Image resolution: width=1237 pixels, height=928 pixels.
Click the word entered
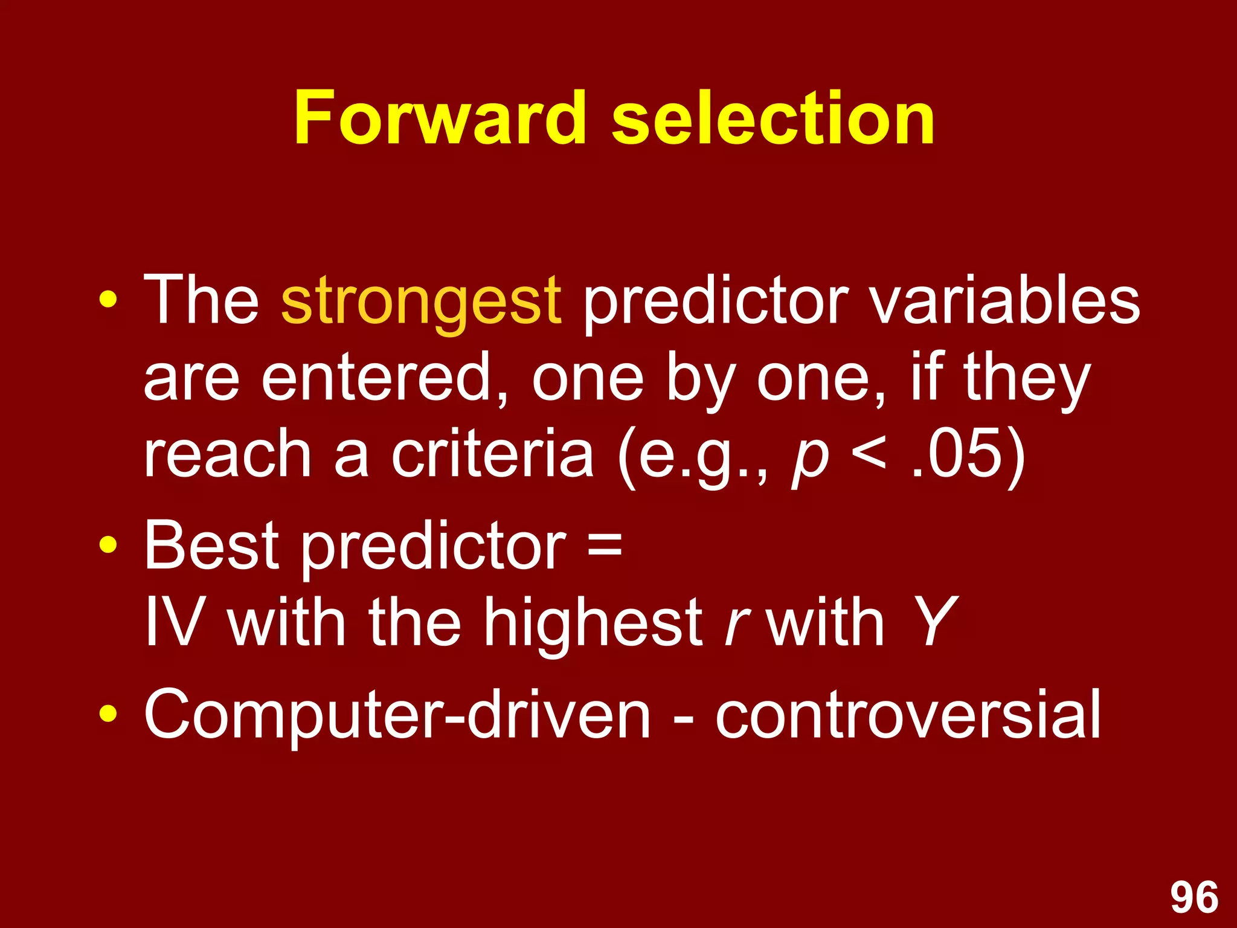(384, 378)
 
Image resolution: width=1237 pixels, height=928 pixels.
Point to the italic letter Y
(933, 621)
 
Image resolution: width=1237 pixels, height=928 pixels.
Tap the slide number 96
(1194, 897)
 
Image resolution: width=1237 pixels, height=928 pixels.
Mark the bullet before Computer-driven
(108, 715)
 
